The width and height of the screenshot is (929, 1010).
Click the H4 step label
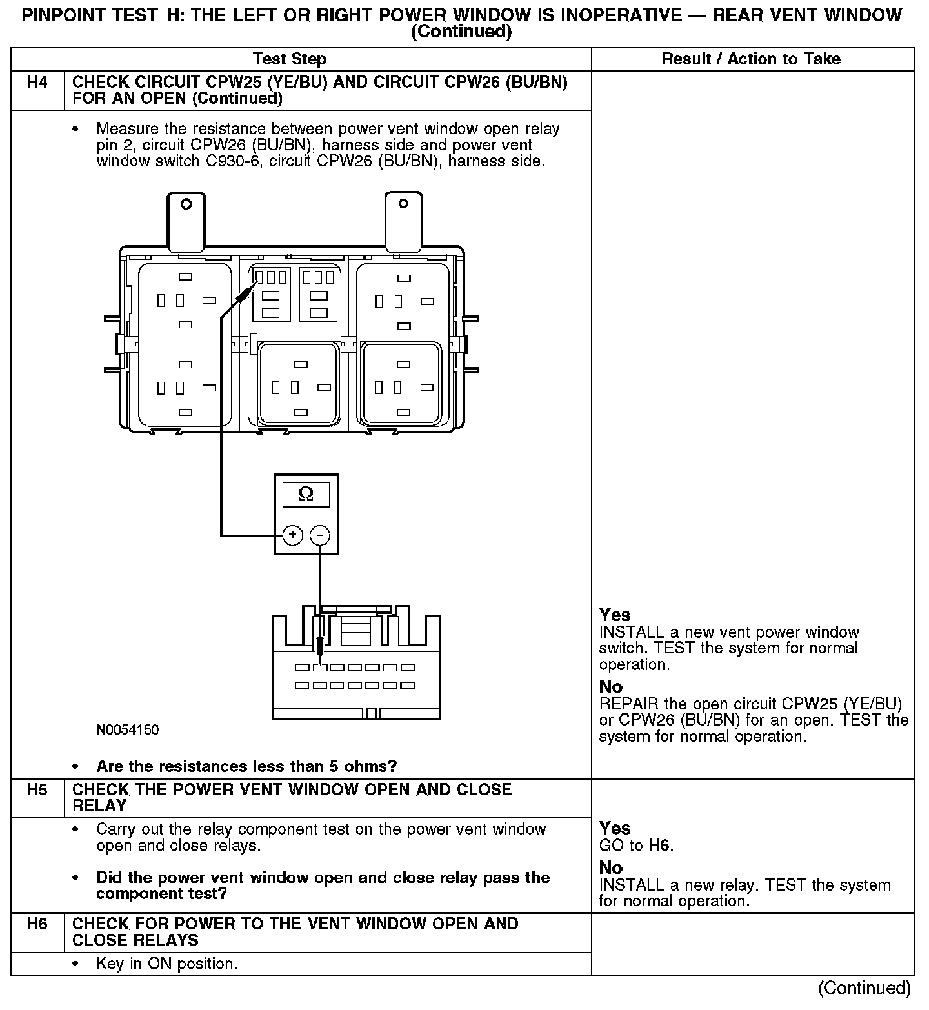37,83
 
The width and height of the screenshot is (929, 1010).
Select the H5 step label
37,789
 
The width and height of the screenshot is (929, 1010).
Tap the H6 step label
37,924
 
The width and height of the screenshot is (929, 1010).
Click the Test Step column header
290,59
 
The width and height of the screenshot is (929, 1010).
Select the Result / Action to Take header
752,59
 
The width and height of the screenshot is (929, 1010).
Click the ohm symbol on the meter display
306,495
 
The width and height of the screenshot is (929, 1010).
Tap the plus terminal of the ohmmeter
293,535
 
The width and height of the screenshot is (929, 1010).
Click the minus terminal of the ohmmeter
320,535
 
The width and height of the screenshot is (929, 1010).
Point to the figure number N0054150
127,729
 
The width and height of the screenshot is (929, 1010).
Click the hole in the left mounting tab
186,204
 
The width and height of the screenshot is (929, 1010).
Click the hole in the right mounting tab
403,204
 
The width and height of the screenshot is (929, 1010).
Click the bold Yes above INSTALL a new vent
615,615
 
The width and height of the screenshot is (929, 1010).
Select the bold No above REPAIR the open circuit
611,686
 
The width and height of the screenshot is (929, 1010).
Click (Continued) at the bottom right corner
864,988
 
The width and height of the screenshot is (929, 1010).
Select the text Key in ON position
166,964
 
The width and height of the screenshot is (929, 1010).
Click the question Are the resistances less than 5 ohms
246,766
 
